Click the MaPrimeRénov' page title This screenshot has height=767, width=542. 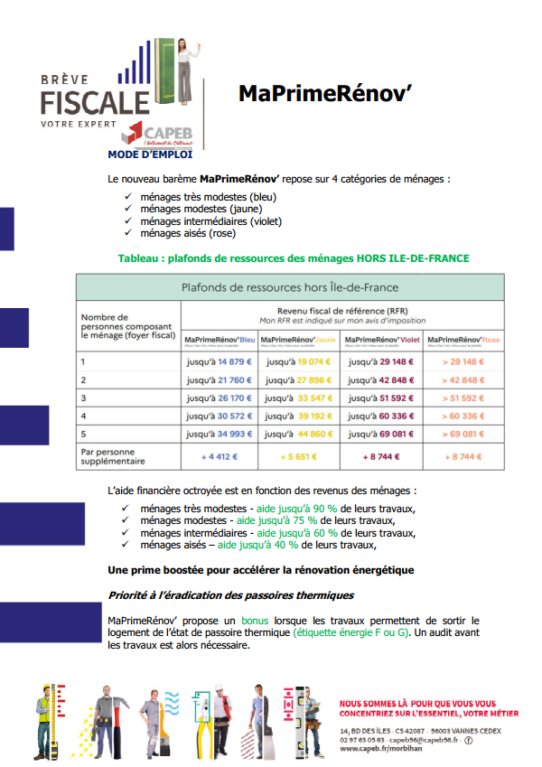pos(324,94)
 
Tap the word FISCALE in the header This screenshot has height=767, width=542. pos(95,99)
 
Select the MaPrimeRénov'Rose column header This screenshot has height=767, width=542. pos(463,340)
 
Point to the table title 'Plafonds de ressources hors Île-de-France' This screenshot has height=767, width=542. pos(289,288)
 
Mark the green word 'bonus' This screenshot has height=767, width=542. pos(255,621)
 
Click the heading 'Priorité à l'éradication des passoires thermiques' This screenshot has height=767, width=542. pos(230,595)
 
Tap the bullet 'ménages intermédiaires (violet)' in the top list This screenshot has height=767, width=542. pos(210,220)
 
